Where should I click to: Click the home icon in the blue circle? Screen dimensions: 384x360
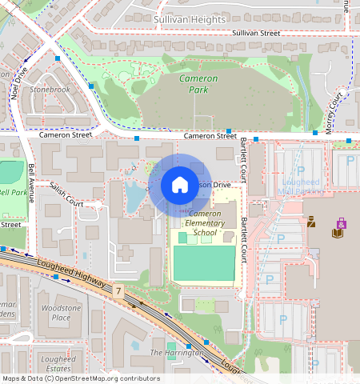coord(180,185)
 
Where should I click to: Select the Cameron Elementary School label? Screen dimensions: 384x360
coord(205,223)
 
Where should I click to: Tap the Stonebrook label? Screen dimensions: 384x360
coord(50,90)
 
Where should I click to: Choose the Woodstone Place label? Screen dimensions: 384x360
coord(61,313)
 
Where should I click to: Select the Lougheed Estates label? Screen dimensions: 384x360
coord(58,364)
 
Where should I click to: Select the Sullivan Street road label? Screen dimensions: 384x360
coord(256,34)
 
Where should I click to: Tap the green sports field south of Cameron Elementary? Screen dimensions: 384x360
coord(204,263)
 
